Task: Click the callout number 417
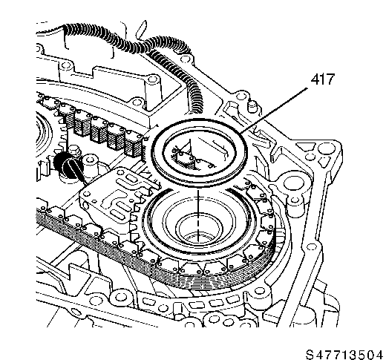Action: (x=322, y=79)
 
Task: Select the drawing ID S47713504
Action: (x=344, y=354)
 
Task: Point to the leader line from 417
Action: (x=274, y=111)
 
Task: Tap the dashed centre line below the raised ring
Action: (x=198, y=215)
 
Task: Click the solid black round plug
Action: (x=65, y=165)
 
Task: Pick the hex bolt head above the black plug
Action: (x=74, y=150)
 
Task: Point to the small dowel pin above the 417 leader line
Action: (x=252, y=105)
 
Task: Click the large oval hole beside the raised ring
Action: (x=294, y=183)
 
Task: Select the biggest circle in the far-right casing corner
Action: (x=323, y=149)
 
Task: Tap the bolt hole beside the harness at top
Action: (x=184, y=59)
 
